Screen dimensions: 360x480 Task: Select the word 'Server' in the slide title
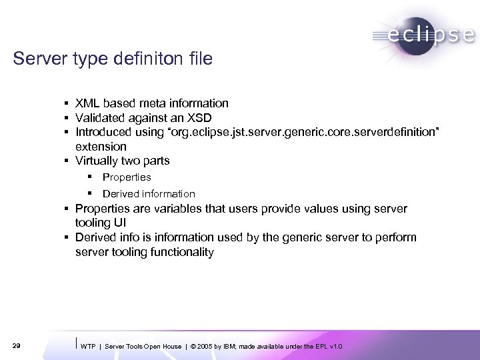34,60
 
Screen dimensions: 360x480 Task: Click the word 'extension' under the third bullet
101,146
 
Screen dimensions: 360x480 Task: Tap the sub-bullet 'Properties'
127,177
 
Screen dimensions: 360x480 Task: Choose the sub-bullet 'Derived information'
149,194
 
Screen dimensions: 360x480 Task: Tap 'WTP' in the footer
87,346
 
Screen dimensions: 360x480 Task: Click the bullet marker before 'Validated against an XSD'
69,118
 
